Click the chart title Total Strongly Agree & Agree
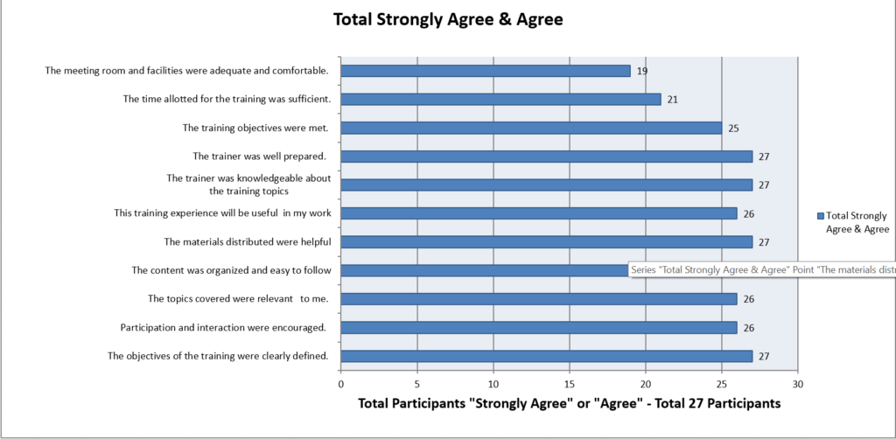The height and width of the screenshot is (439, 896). click(448, 19)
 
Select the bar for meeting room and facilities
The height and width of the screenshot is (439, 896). click(485, 71)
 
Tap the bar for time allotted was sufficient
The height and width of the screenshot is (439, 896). click(500, 99)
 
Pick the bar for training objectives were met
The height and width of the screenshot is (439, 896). click(530, 129)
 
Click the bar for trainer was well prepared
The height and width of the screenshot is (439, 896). click(546, 157)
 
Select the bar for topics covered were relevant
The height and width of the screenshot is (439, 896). click(538, 299)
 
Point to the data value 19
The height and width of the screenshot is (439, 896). click(642, 71)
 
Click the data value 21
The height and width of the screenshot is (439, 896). click(673, 100)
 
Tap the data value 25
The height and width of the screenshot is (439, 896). click(734, 129)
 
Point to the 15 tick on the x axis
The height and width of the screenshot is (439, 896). click(570, 383)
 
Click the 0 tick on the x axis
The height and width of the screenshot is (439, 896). click(340, 383)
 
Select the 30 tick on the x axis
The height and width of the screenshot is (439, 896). click(797, 383)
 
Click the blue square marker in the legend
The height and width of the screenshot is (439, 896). click(820, 216)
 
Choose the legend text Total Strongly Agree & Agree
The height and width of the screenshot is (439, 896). click(857, 222)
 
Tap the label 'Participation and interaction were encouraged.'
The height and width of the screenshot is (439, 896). click(223, 328)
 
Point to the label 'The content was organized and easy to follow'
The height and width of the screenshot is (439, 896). click(230, 271)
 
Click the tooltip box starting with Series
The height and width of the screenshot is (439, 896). click(761, 270)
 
